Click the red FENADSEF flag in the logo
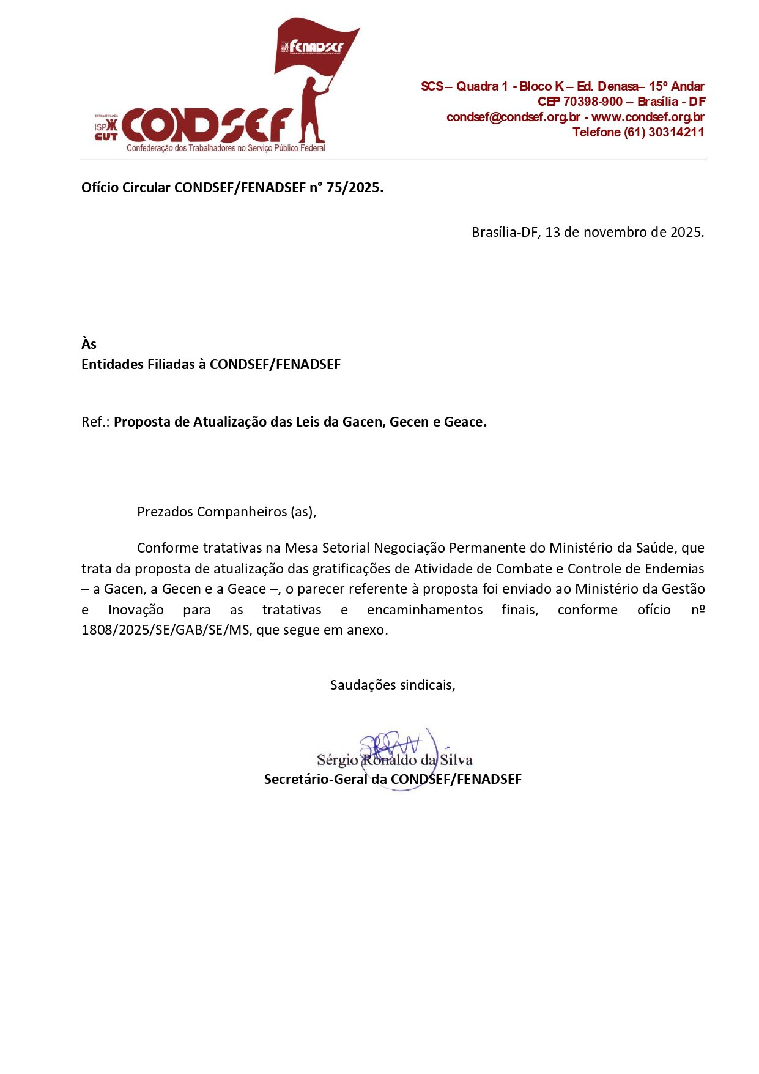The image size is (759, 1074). pyautogui.click(x=315, y=48)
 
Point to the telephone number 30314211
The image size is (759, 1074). pyautogui.click(x=676, y=132)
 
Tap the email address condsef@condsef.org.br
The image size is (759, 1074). pyautogui.click(x=513, y=117)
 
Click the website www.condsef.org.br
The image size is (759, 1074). pyautogui.click(x=648, y=117)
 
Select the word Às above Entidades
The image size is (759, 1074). pyautogui.click(x=89, y=344)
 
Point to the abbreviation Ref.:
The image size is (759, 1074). pyautogui.click(x=95, y=422)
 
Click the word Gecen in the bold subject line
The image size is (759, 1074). pyautogui.click(x=409, y=422)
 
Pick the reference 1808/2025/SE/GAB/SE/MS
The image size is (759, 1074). pyautogui.click(x=165, y=630)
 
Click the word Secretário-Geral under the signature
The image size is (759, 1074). pyautogui.click(x=316, y=779)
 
